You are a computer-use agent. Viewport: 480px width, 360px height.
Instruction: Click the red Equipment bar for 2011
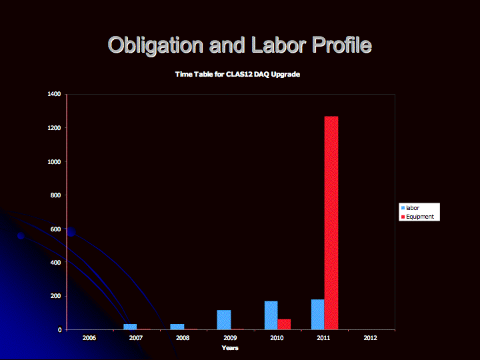tap(331, 223)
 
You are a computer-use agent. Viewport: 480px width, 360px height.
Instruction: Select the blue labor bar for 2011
tap(318, 315)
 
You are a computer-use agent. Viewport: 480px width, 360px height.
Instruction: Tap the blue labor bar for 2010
tap(271, 315)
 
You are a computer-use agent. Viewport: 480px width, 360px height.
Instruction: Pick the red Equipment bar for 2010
tap(284, 325)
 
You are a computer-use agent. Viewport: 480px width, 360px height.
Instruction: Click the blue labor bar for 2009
tap(224, 320)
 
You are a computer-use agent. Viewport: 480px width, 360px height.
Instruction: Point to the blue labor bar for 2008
tap(177, 327)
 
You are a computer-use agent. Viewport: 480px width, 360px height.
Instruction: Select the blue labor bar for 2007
tap(130, 327)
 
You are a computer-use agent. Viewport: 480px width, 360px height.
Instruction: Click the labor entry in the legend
tap(410, 208)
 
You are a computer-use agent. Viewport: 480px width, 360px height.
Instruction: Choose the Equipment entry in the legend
tap(417, 217)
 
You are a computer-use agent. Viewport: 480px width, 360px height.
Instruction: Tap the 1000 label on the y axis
tap(54, 161)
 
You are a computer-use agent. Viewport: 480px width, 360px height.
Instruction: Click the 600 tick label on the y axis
tap(56, 229)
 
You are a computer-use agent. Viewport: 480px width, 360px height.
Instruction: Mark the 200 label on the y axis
tap(56, 296)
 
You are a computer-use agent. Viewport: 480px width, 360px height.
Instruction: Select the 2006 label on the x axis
tap(89, 337)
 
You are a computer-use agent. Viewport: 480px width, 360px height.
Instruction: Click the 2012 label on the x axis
tap(371, 337)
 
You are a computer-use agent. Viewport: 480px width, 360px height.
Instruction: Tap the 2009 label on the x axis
tap(230, 337)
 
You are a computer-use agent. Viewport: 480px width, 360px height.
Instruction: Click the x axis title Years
tap(230, 348)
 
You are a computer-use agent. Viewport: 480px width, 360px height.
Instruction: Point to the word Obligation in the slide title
tap(155, 45)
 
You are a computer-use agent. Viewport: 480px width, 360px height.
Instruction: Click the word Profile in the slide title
tap(342, 45)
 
